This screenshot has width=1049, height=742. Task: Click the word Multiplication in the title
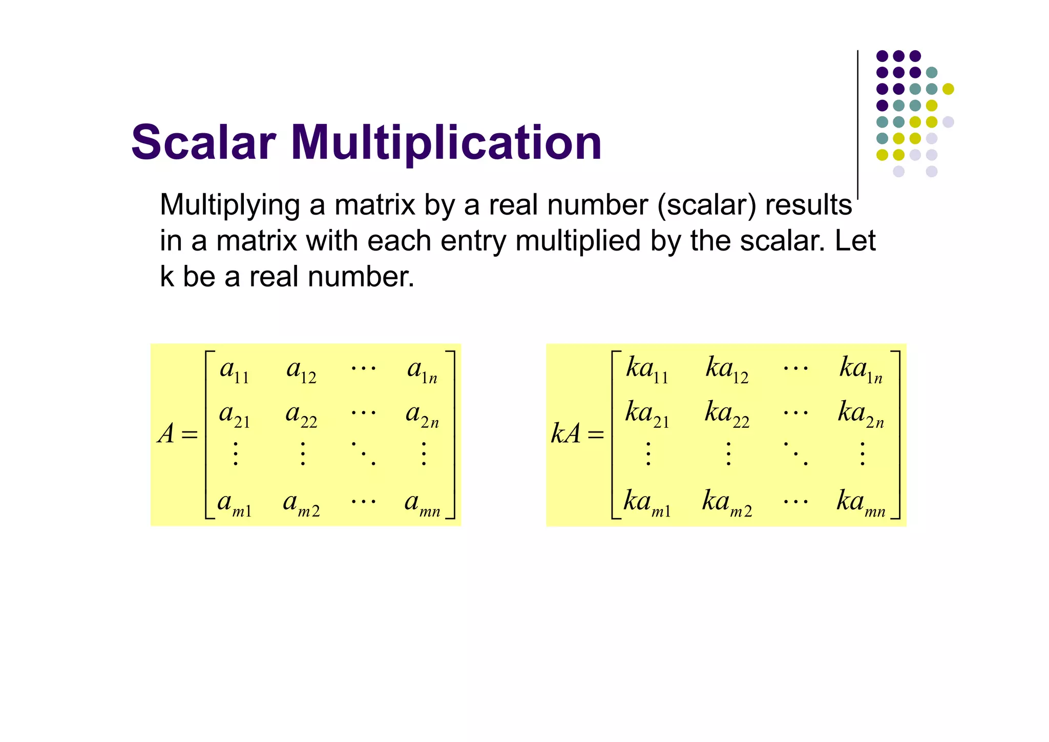coord(446,143)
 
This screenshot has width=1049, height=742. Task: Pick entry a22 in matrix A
coord(301,415)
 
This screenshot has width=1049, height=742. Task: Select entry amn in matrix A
coord(422,504)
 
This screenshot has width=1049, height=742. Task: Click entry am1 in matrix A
coord(234,504)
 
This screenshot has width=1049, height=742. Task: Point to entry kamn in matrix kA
coord(861,503)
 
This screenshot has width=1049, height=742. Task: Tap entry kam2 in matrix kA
coord(727,503)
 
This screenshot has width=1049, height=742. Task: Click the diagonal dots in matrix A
coord(364,453)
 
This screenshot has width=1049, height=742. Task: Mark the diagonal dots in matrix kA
coord(795,453)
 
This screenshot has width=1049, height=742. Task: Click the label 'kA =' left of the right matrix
coord(577,435)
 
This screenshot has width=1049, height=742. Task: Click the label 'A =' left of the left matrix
coord(177,435)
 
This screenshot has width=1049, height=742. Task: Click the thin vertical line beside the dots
coord(857,123)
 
